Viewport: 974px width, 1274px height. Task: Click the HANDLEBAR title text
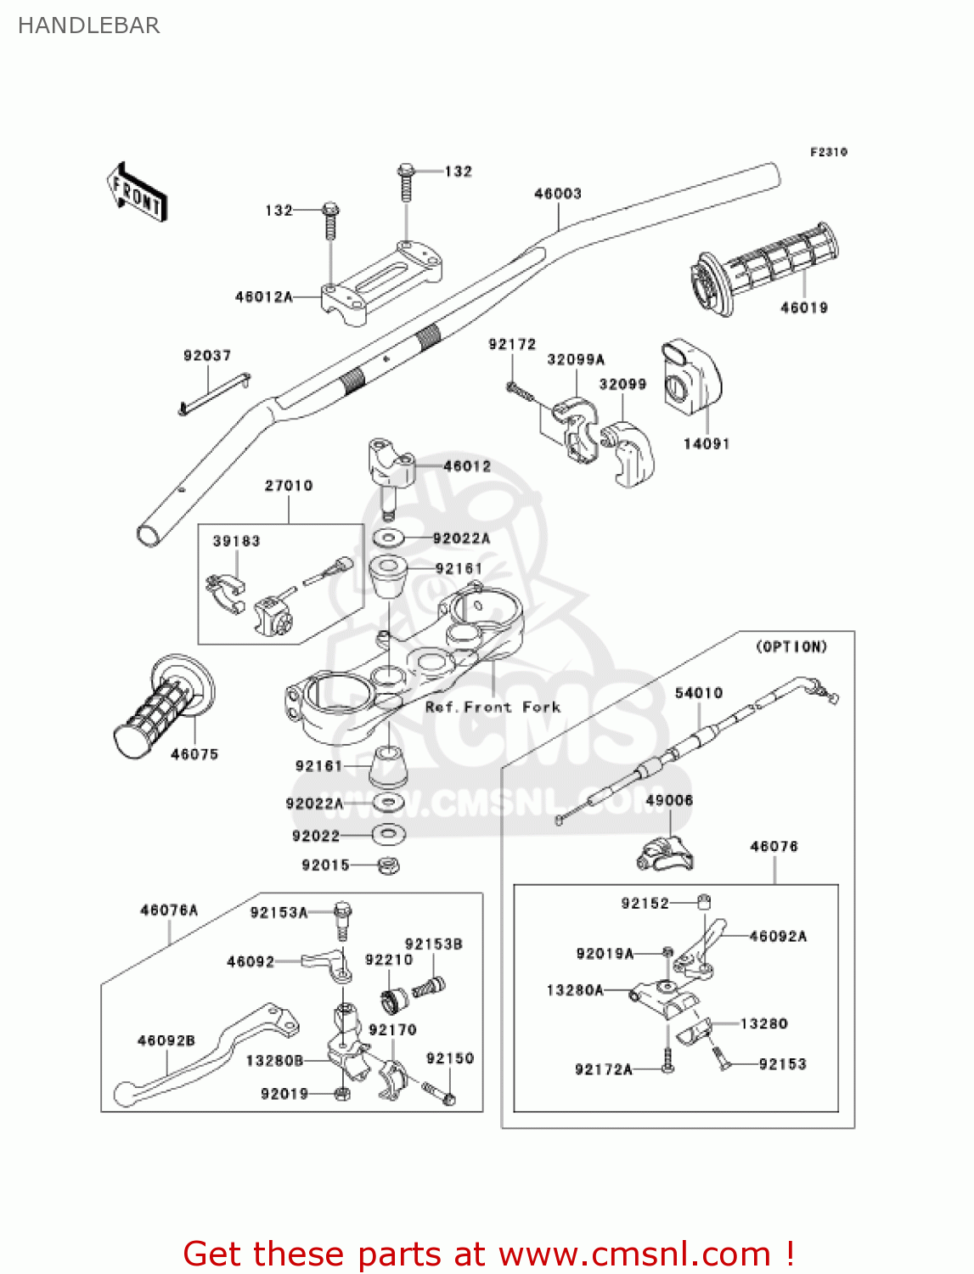click(88, 25)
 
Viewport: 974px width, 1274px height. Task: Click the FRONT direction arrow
click(136, 193)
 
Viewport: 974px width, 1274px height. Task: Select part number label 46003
click(558, 194)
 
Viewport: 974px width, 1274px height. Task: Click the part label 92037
click(207, 356)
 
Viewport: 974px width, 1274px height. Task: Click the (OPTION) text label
click(791, 647)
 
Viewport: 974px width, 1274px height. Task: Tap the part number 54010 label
click(699, 693)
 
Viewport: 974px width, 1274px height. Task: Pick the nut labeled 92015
click(389, 866)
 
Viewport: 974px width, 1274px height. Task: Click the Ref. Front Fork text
click(493, 707)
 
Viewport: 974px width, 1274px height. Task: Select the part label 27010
click(289, 486)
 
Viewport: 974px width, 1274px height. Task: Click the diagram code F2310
click(828, 152)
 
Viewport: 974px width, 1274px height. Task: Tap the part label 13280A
click(575, 990)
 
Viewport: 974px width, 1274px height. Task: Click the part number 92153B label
click(433, 944)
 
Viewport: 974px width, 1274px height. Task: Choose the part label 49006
click(669, 801)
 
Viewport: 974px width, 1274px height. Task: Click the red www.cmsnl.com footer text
click(488, 1254)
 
